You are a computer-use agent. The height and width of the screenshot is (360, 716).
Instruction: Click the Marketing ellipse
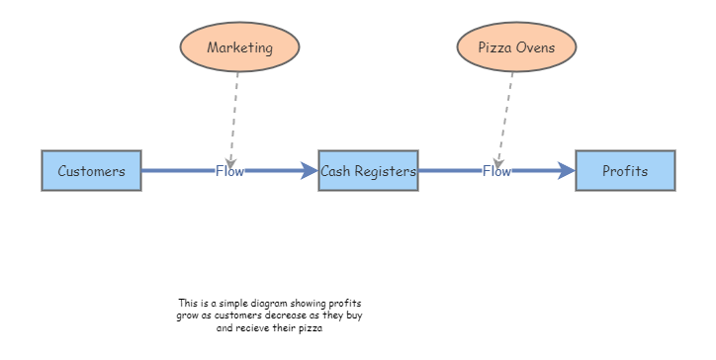coord(239,46)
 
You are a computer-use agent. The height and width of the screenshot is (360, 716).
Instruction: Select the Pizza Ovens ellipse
coord(516,46)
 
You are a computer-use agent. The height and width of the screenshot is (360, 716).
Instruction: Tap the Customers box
coord(91,171)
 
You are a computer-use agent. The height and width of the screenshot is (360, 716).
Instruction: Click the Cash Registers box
coord(368,171)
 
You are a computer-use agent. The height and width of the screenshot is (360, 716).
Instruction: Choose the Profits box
coord(625,171)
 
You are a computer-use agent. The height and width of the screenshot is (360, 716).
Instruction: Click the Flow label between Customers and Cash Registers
coord(229,171)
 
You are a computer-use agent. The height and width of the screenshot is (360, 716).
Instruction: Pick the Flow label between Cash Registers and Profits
coord(496,171)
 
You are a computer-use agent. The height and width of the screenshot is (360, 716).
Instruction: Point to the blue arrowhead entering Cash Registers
coord(310,171)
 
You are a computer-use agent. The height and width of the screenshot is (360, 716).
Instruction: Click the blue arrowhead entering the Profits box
coord(567,171)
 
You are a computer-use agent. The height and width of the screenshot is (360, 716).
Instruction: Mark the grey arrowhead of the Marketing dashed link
coord(230,160)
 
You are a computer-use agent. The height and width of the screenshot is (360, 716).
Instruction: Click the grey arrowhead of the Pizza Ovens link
coord(499,160)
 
